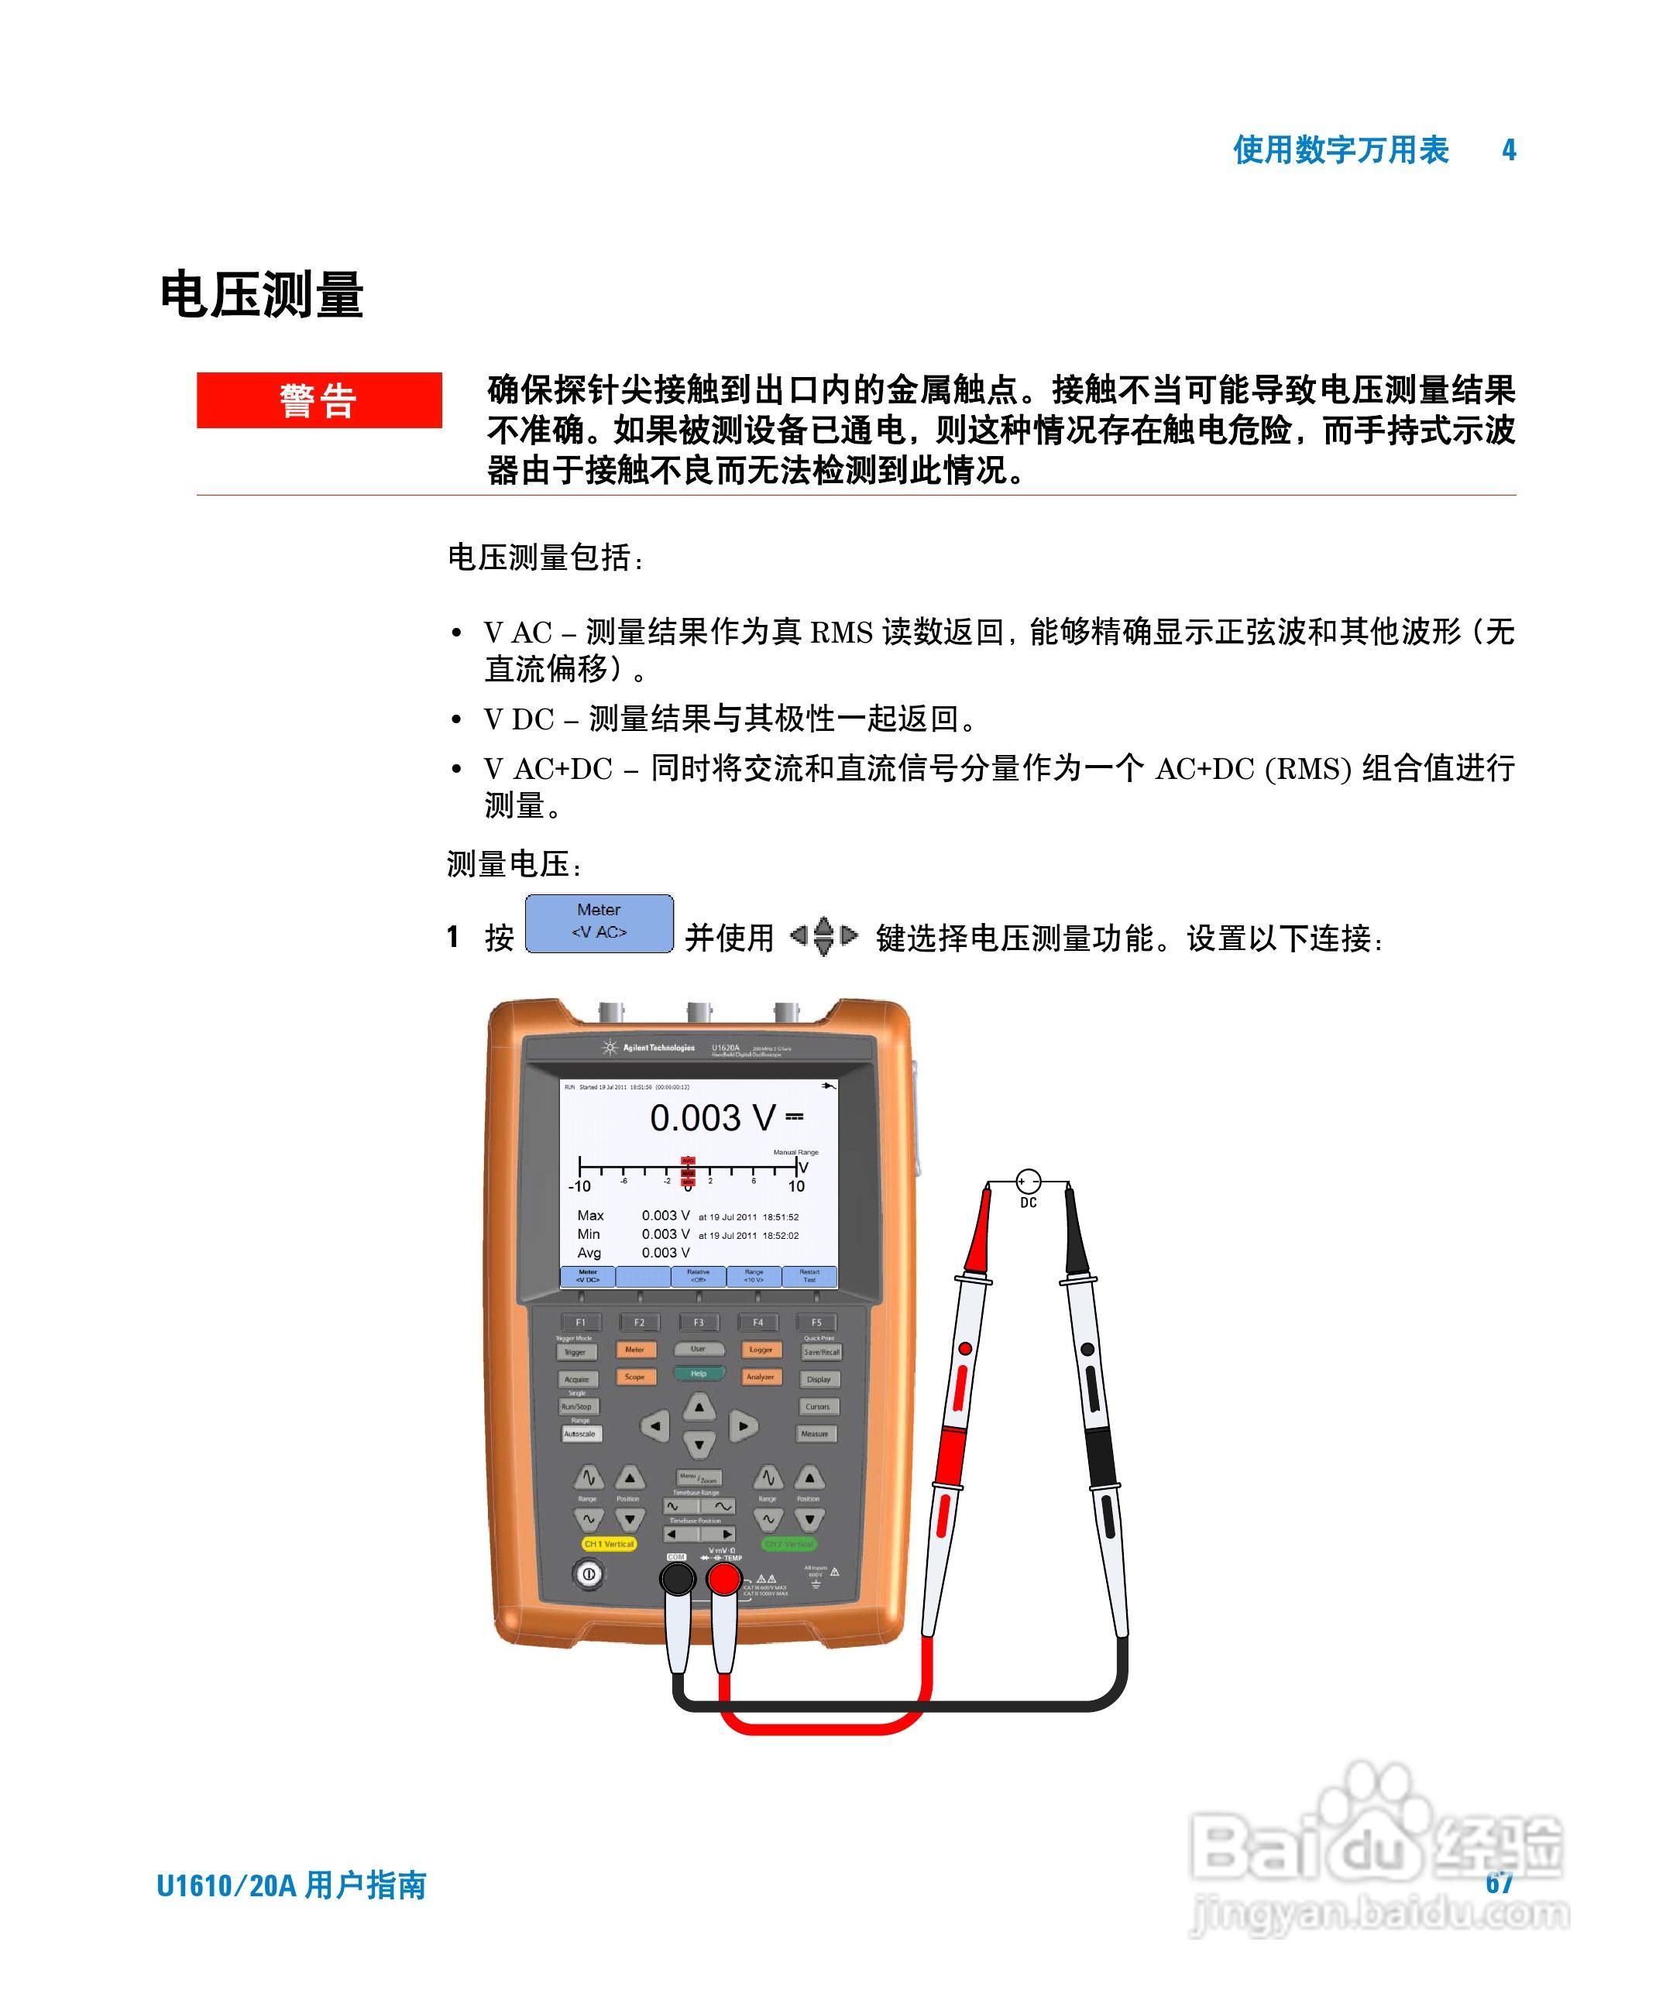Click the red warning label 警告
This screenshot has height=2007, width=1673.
click(x=318, y=400)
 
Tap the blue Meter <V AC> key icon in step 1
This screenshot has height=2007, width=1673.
click(x=599, y=922)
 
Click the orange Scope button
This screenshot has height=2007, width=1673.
click(x=635, y=1377)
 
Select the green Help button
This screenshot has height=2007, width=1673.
click(x=699, y=1374)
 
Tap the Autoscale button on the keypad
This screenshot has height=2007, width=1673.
click(x=579, y=1433)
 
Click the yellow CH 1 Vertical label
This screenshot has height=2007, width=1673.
click(x=609, y=1543)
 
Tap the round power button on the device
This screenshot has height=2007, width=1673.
click(x=588, y=1573)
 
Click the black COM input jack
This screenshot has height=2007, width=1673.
click(x=677, y=1581)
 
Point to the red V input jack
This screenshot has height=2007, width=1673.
click(x=723, y=1581)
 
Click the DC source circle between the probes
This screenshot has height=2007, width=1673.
click(x=1028, y=1182)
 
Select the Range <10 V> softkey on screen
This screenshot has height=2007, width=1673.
click(x=754, y=1276)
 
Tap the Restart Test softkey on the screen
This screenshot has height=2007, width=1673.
click(x=809, y=1276)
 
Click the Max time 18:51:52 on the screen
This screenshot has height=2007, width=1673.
click(x=780, y=1216)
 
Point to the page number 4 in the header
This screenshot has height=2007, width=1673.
click(x=1509, y=150)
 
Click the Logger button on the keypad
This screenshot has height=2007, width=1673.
click(x=761, y=1350)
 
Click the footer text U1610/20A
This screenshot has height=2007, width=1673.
click(x=228, y=1885)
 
